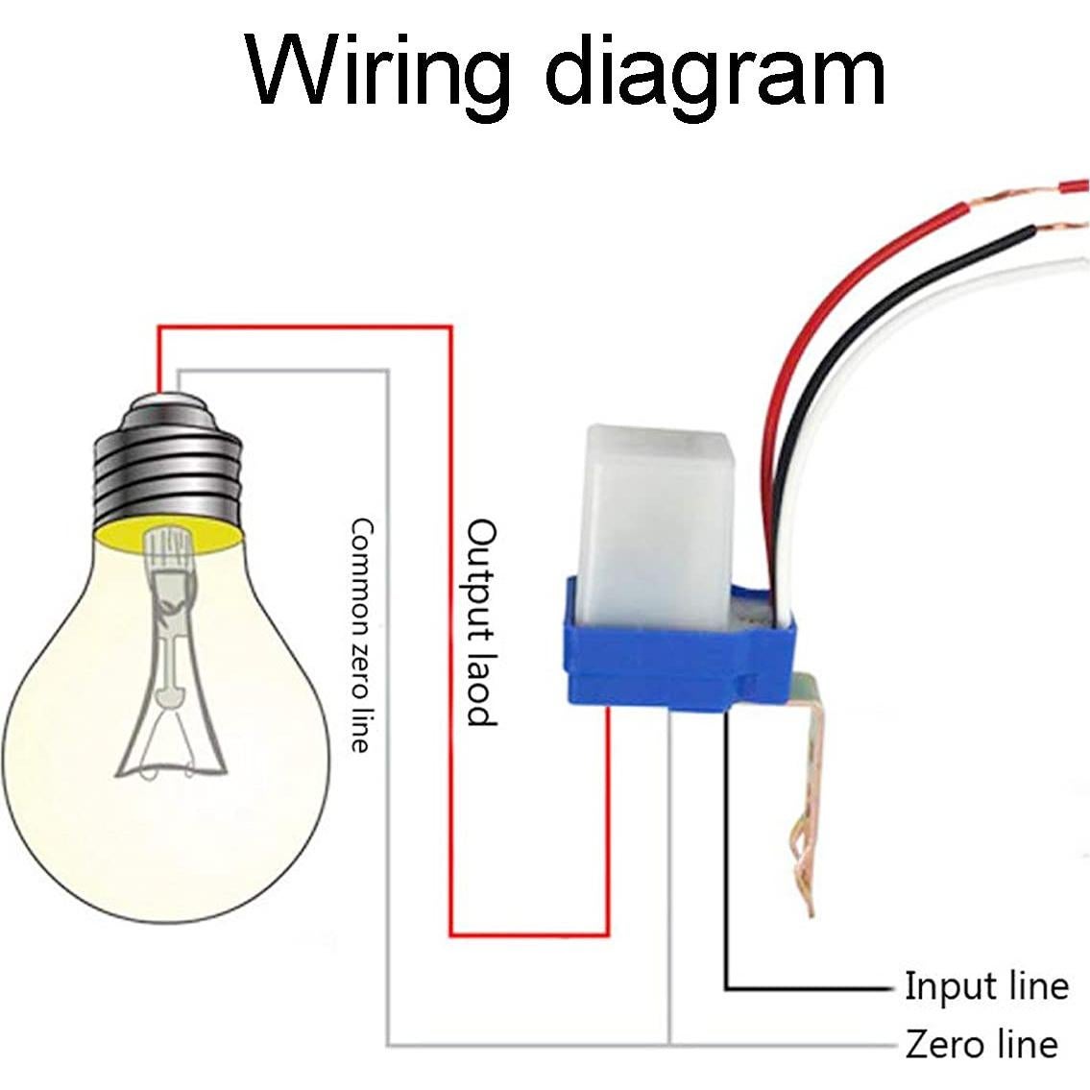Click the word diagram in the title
(x=715, y=75)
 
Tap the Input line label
(x=985, y=986)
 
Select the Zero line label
(x=981, y=1044)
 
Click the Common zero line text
(x=360, y=634)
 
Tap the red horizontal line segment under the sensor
(x=528, y=933)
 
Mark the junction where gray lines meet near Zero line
(x=669, y=1044)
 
